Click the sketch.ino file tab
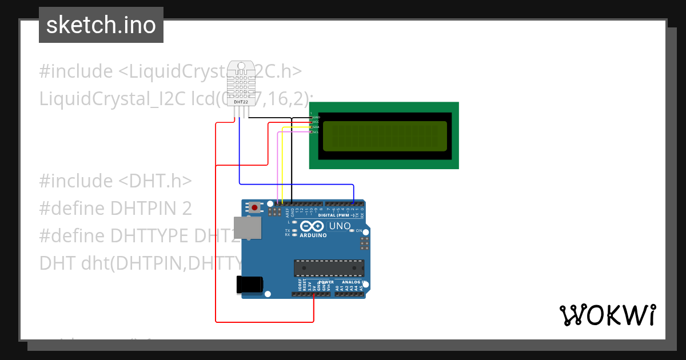101,25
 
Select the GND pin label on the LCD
316,117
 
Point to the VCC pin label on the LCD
316,122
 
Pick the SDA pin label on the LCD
316,127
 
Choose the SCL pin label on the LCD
316,132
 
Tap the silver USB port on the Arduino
248,228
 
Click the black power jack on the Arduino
250,284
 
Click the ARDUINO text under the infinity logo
313,235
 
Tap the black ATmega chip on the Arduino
329,268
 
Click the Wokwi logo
607,315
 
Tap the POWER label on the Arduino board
326,282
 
